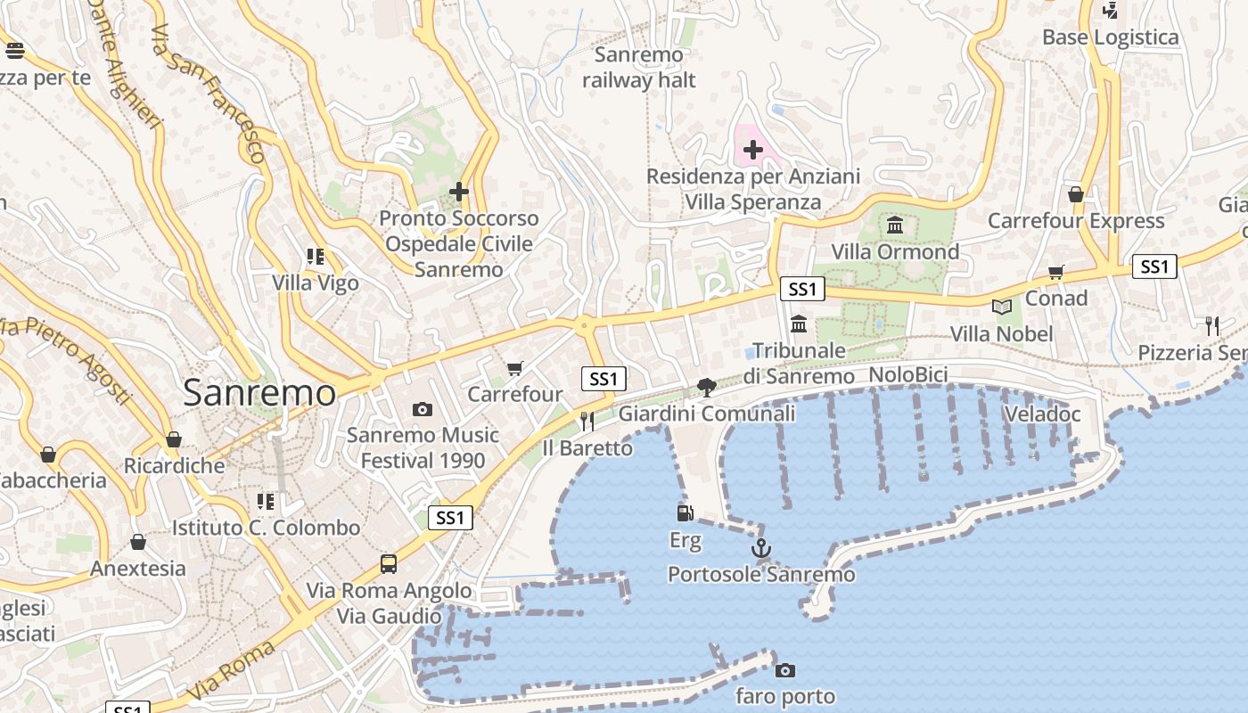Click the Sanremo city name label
[259, 393]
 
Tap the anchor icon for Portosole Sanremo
[760, 548]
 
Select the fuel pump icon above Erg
[685, 512]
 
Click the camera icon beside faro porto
[784, 670]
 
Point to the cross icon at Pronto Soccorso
[459, 192]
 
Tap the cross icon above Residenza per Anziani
[753, 150]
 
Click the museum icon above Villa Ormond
[895, 225]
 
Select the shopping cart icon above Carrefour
[514, 368]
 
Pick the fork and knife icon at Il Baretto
[587, 421]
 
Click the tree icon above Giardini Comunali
[707, 387]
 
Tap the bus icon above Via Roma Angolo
[389, 563]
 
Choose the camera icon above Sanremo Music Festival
[423, 409]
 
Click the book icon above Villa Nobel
[1002, 307]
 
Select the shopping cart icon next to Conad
[1056, 272]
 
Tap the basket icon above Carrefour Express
[1076, 194]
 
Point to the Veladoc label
[1042, 414]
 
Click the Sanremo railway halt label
[639, 68]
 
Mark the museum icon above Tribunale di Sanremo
[799, 323]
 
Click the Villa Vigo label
[316, 283]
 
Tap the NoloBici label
[907, 375]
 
